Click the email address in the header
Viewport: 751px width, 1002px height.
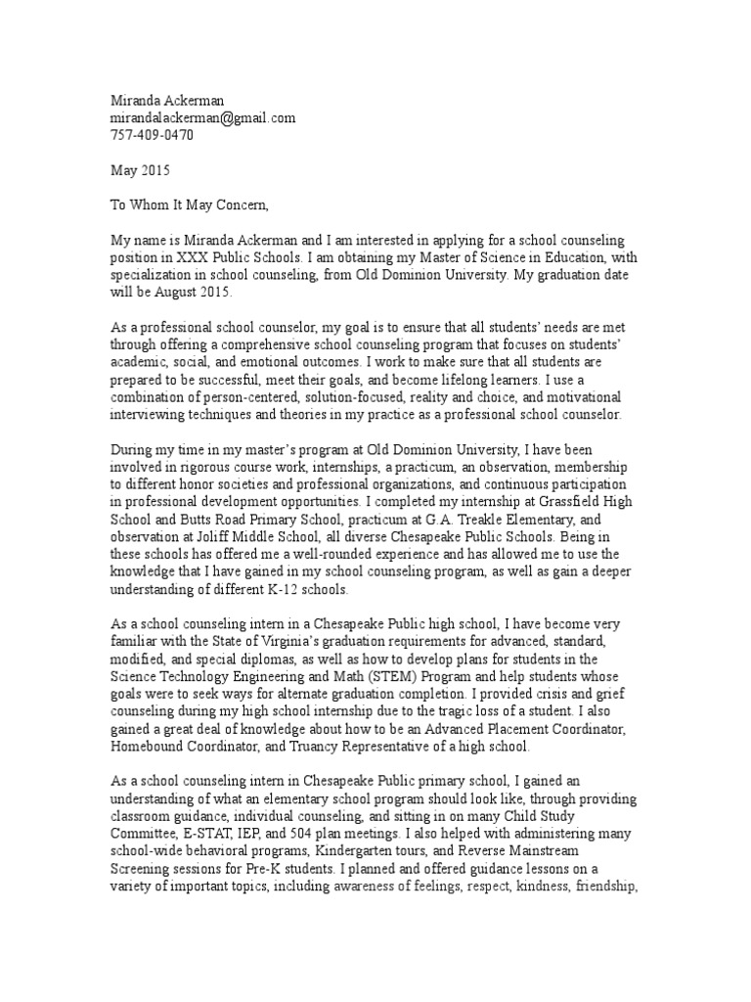click(201, 118)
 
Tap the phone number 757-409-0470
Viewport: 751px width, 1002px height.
click(151, 135)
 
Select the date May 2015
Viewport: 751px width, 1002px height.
click(140, 169)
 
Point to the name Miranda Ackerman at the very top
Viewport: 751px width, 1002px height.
click(167, 101)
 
